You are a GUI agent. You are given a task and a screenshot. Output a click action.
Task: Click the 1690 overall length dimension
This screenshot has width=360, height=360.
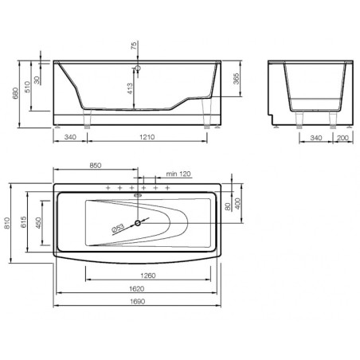(138, 302)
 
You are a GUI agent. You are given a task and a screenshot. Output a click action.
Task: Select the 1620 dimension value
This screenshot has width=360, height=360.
(137, 288)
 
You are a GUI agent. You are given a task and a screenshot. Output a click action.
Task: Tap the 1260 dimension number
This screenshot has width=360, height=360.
(148, 276)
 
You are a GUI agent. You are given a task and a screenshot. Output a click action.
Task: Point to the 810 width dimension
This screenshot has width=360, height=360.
(7, 223)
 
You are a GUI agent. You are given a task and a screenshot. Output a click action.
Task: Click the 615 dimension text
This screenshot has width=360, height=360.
(23, 222)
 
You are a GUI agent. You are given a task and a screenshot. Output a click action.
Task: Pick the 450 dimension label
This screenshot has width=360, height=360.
(38, 223)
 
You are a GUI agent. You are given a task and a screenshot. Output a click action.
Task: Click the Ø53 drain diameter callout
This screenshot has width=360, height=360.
(118, 229)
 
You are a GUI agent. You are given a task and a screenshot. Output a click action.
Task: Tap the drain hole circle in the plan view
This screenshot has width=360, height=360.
(138, 223)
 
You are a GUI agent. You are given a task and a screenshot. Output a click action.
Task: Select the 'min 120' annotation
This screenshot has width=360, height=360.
(178, 174)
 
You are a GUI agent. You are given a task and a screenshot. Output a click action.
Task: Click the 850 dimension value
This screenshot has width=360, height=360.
(96, 165)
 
